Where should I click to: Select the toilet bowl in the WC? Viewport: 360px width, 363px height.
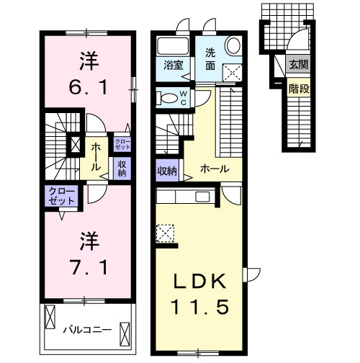click(x=167, y=97)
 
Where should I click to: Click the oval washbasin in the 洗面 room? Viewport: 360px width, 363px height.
click(x=233, y=45)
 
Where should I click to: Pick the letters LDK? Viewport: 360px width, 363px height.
click(x=200, y=282)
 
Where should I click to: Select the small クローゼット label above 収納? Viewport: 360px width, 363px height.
click(x=119, y=143)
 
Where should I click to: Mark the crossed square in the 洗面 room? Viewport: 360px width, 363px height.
click(x=232, y=71)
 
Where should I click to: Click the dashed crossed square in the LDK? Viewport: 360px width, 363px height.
click(x=165, y=233)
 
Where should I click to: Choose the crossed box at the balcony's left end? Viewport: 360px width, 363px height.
click(x=51, y=316)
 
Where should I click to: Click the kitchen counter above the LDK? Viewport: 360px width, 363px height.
click(x=184, y=196)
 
